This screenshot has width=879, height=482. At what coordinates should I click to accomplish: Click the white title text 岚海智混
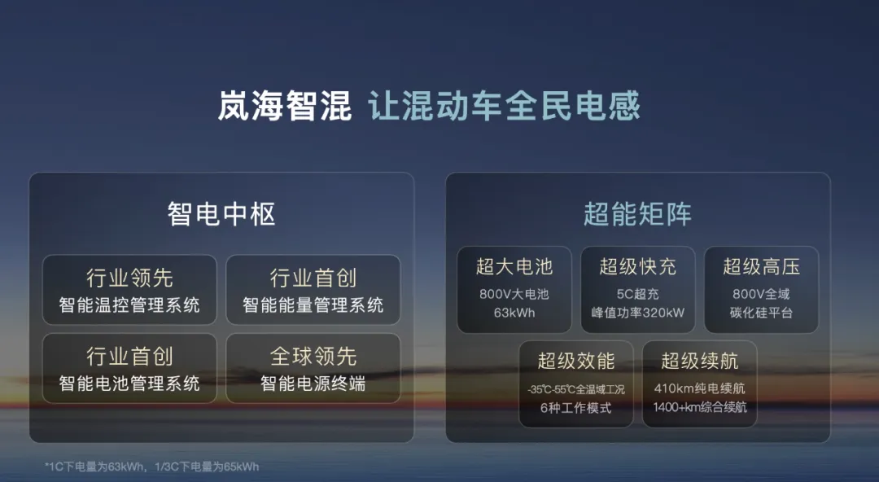click(x=284, y=106)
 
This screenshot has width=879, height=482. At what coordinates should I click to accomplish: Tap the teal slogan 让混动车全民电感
click(x=504, y=106)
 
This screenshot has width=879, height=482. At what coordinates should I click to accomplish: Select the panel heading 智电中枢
click(x=221, y=214)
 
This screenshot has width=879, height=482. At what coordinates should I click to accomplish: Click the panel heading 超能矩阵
click(x=637, y=214)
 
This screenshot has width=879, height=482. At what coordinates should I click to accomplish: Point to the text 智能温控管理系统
click(x=129, y=305)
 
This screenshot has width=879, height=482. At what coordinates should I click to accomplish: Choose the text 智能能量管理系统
click(x=313, y=305)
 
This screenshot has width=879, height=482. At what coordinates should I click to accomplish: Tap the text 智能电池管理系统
click(x=129, y=383)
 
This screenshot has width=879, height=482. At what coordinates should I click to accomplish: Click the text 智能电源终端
click(x=313, y=383)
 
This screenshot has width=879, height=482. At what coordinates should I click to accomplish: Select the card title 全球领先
click(x=313, y=357)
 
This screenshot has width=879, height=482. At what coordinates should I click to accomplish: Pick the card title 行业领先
click(x=129, y=278)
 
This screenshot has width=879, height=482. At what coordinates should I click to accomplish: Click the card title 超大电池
click(x=514, y=266)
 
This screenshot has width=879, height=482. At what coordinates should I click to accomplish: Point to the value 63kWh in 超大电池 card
click(x=514, y=313)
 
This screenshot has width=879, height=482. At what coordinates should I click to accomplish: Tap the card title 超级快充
click(x=637, y=266)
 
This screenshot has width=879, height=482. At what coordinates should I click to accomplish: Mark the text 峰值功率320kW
click(x=637, y=313)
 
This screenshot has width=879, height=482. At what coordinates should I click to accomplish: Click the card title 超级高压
click(x=761, y=266)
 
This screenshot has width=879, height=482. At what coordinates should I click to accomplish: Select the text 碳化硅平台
click(x=761, y=313)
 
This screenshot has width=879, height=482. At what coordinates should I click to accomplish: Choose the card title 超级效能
click(x=576, y=361)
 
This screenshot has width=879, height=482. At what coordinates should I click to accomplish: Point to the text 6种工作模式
click(x=575, y=408)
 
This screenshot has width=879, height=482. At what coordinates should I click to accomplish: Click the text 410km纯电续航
click(x=700, y=388)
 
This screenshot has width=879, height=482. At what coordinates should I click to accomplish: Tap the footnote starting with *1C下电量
click(x=152, y=467)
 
